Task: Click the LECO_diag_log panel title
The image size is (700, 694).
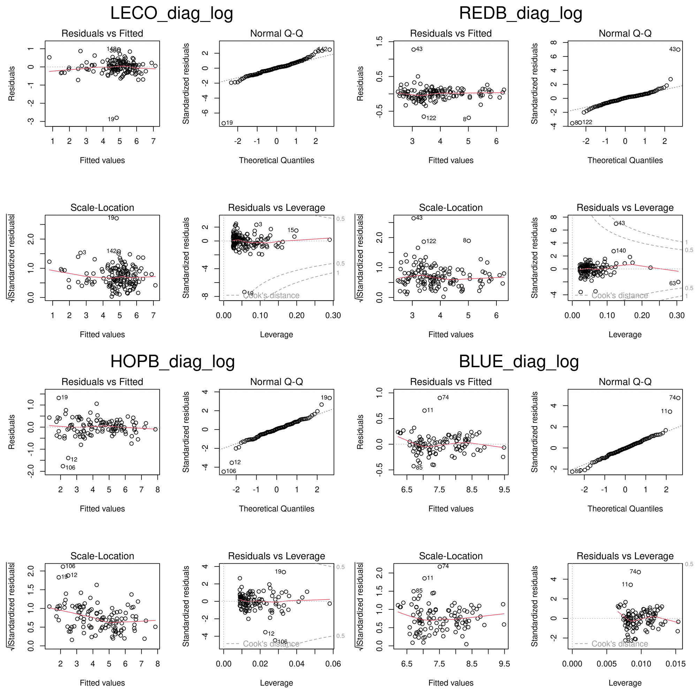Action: (x=172, y=13)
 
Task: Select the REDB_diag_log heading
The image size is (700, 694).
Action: (x=520, y=13)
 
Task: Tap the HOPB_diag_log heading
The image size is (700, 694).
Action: (x=173, y=362)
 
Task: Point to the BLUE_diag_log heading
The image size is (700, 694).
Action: (x=518, y=362)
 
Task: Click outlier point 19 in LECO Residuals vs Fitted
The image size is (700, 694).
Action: (x=116, y=118)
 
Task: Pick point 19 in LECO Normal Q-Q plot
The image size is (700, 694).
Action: (x=223, y=123)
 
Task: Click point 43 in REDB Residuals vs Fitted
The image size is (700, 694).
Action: (x=413, y=49)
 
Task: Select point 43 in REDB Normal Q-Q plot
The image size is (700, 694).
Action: (x=678, y=49)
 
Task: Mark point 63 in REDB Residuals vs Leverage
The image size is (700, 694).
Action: (x=678, y=282)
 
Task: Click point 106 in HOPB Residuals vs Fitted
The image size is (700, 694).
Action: (x=63, y=466)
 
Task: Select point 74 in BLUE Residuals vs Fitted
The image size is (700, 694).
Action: (x=440, y=398)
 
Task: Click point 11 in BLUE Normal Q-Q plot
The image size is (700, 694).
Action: (x=670, y=411)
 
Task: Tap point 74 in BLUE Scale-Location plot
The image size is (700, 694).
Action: (x=440, y=566)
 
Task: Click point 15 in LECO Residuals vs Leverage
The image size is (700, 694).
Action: (x=296, y=230)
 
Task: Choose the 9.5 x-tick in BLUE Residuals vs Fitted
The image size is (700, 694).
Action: (x=504, y=490)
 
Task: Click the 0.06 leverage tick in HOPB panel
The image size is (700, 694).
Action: (x=333, y=664)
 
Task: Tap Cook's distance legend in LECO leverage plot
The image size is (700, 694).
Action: (x=271, y=295)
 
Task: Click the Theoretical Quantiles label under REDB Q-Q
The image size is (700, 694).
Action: (x=625, y=160)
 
